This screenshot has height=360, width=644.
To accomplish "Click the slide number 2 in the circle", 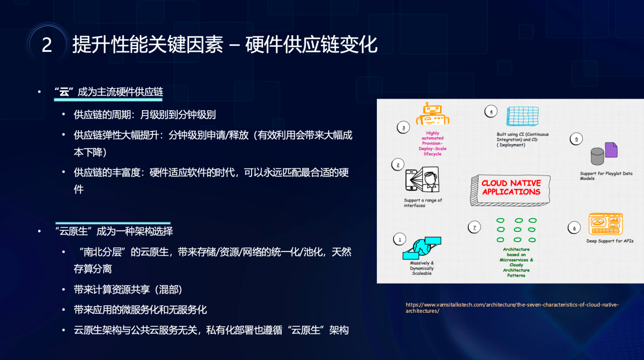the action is click(47, 45).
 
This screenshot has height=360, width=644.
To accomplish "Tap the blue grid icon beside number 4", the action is click(522, 116).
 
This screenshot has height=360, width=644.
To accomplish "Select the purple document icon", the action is click(611, 150).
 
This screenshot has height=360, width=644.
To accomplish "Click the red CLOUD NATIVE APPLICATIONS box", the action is click(511, 190).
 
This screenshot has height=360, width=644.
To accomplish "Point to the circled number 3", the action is click(404, 128).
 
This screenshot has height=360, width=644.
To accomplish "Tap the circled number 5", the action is click(576, 139).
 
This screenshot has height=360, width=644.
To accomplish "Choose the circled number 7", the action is click(474, 228).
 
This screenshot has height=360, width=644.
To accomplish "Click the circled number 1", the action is click(399, 240).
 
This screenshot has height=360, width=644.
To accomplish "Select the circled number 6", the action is click(574, 228).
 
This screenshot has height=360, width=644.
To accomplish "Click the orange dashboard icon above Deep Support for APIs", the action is click(605, 224).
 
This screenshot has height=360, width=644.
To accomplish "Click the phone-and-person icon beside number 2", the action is click(422, 180).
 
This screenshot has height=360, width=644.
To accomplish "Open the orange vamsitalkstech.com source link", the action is click(512, 308).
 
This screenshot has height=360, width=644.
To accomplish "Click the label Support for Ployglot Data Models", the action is click(606, 176).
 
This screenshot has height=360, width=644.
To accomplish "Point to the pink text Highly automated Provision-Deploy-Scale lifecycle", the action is click(432, 143).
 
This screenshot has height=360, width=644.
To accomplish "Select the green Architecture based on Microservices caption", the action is click(516, 262).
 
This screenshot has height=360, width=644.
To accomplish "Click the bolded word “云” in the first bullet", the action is click(64, 92).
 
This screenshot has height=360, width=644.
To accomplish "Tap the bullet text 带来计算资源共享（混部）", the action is click(128, 290).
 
